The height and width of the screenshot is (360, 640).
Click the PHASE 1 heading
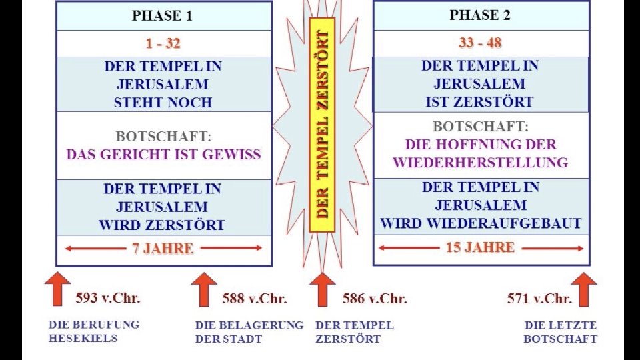coord(163,16)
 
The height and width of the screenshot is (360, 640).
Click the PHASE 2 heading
coord(480,15)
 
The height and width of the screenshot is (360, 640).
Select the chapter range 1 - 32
coord(163,44)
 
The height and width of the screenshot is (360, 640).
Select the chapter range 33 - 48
coord(480,43)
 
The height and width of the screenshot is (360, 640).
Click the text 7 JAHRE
coord(163,249)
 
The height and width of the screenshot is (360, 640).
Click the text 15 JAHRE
coord(480,248)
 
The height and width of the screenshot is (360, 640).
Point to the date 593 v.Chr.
coord(108,298)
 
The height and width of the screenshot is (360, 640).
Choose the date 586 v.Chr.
coord(374,299)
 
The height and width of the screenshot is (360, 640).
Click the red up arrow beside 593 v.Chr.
coord(58,288)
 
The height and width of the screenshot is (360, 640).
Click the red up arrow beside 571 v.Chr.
coord(584,289)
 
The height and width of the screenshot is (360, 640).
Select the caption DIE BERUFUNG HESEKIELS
coord(94,331)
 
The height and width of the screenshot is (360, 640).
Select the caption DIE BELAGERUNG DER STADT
coord(249,332)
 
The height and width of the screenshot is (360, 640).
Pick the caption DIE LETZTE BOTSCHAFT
coord(560,332)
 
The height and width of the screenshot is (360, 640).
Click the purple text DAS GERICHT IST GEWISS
coord(163,155)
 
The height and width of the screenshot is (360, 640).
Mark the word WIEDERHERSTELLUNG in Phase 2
coord(480,163)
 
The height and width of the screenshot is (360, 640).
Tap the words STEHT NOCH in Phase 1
coord(163,103)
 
